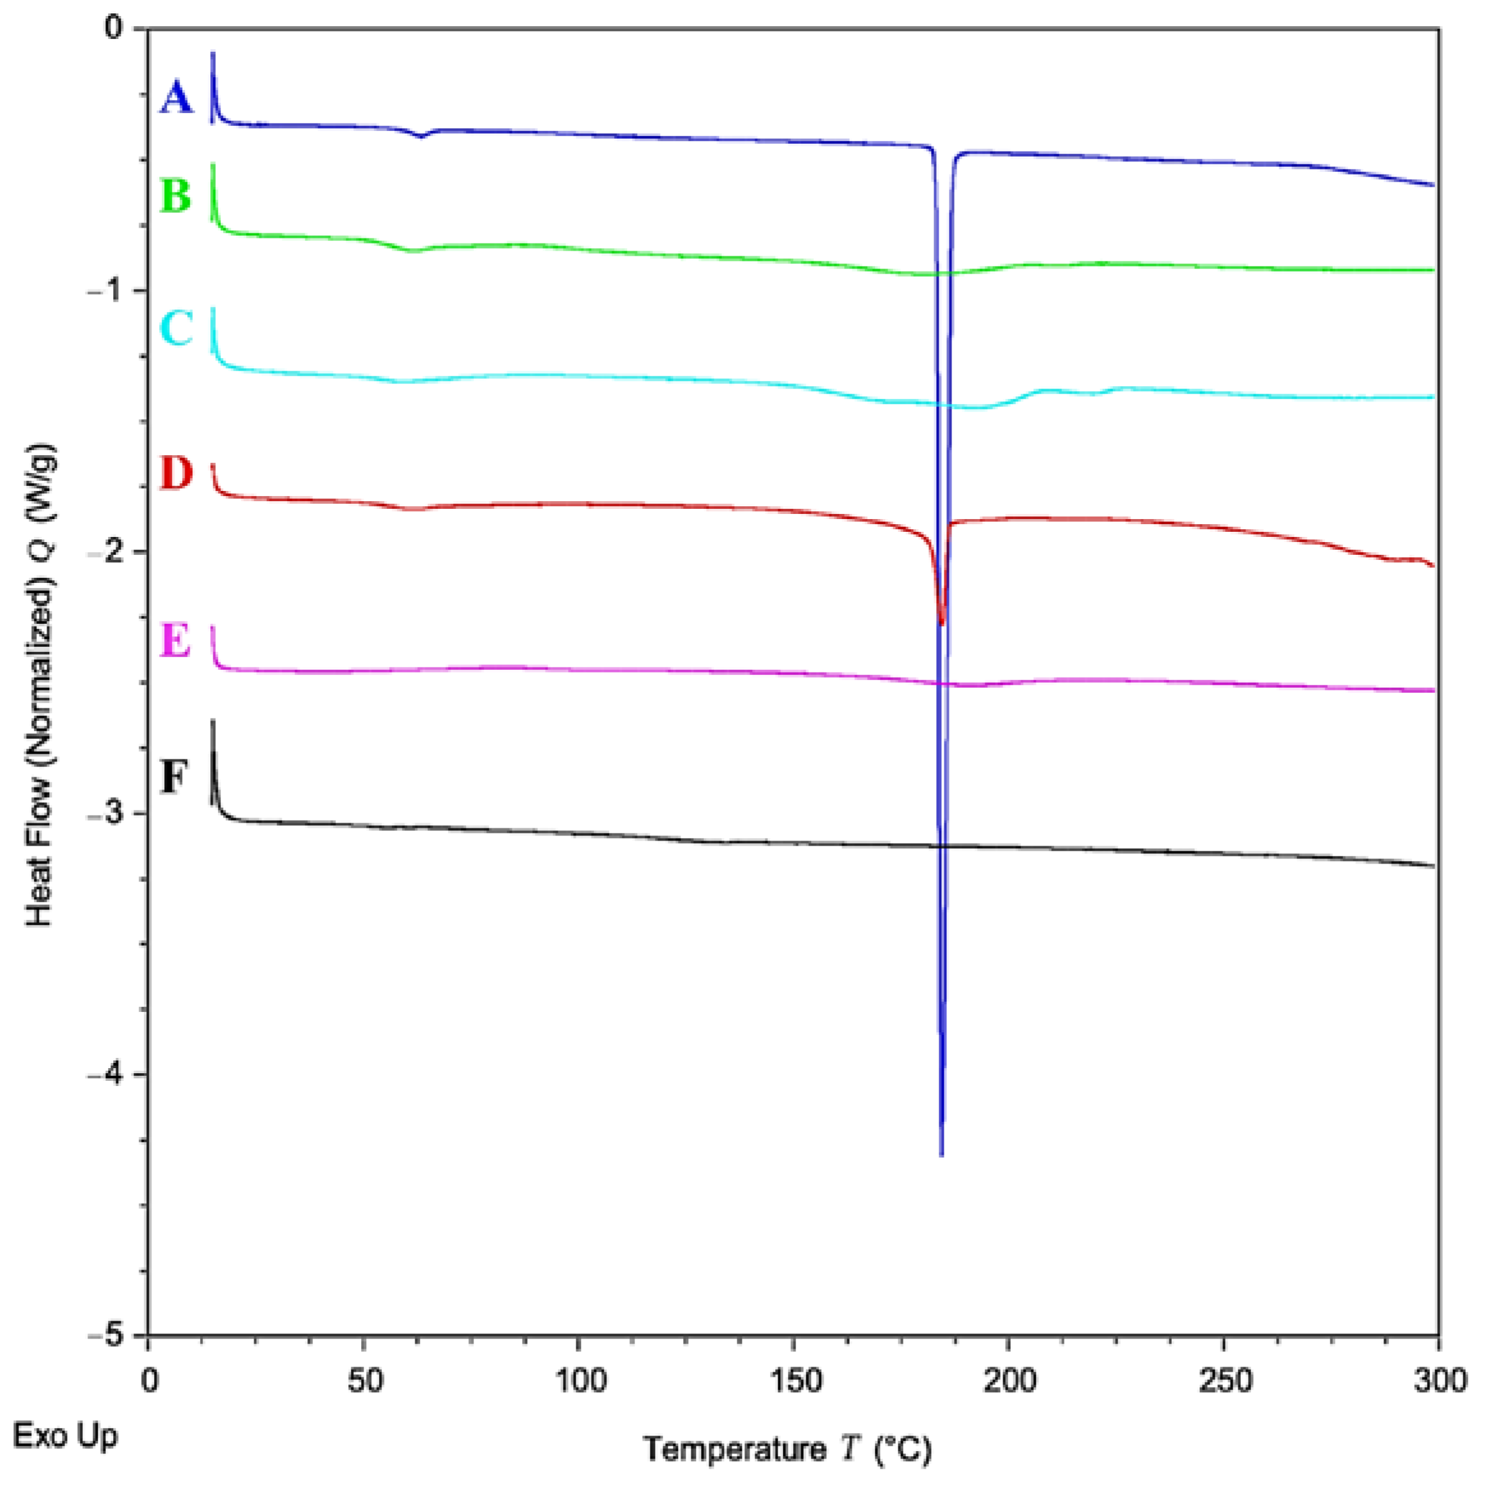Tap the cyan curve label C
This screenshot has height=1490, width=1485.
click(x=176, y=328)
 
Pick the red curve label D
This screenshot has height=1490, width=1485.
click(x=176, y=473)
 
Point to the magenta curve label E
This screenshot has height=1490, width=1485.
click(x=175, y=640)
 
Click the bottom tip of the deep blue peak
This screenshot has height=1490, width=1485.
click(x=941, y=1154)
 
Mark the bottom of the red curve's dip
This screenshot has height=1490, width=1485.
click(x=941, y=623)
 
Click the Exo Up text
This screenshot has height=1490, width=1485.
click(x=66, y=1436)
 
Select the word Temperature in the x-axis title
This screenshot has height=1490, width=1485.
click(x=734, y=1449)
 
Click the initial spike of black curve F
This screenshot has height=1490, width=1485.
click(x=213, y=725)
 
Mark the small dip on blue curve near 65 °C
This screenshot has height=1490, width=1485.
click(x=421, y=136)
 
